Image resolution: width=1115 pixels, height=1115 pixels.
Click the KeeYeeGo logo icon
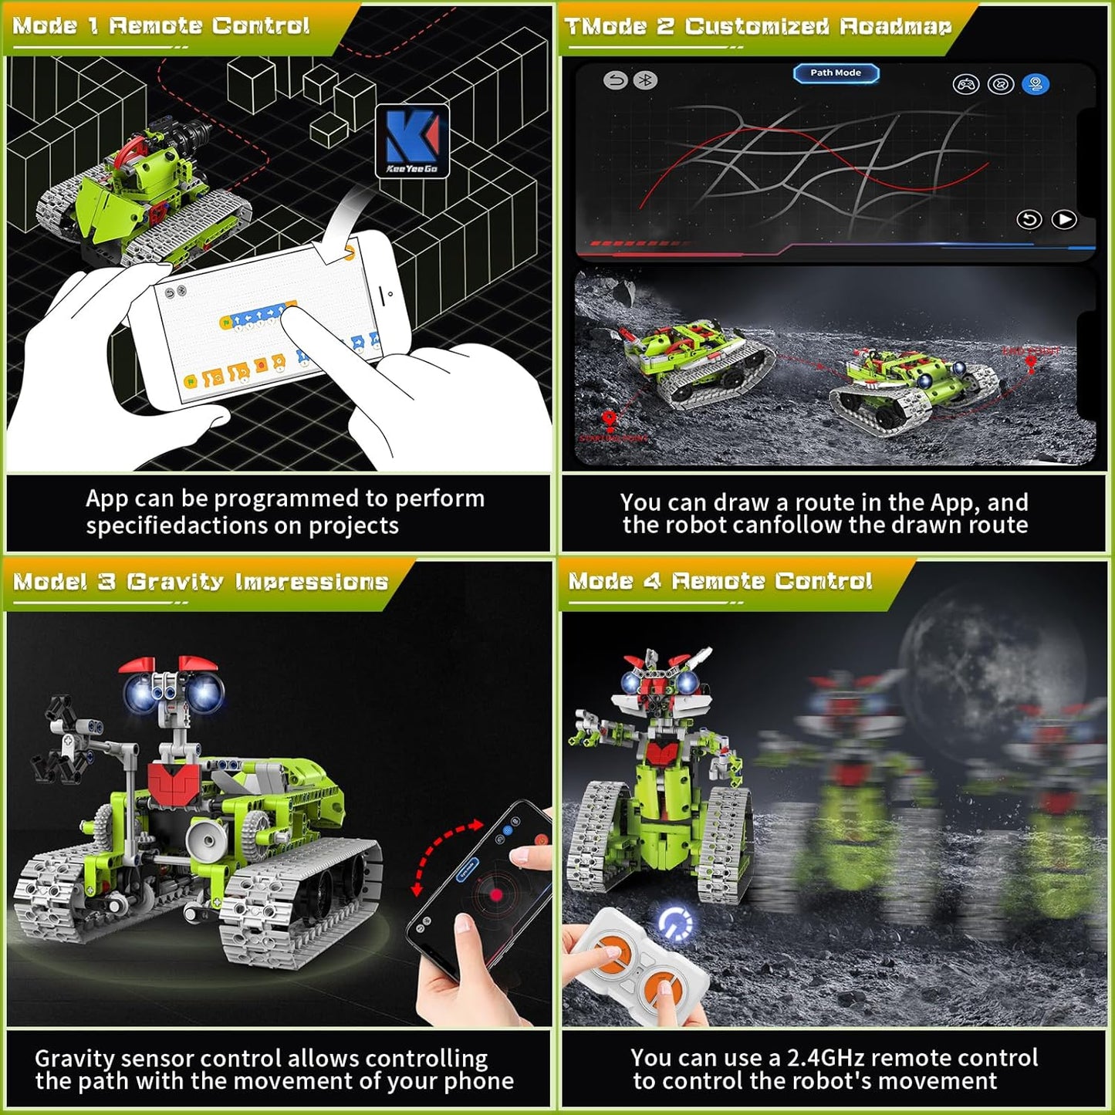[x=412, y=141]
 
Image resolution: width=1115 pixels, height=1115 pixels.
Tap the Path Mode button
[x=836, y=73]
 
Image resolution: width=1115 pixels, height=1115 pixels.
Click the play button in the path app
[x=1064, y=220]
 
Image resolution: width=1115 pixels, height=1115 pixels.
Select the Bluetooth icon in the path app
[x=645, y=80]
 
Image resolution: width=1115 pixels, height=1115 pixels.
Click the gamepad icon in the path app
[x=965, y=84]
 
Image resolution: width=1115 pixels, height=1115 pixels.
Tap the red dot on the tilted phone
[x=495, y=895]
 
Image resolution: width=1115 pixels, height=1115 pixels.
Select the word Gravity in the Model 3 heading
[x=174, y=582]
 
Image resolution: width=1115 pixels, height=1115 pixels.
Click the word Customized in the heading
[x=756, y=26]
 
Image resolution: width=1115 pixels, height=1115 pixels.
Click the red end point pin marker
[x=1030, y=362]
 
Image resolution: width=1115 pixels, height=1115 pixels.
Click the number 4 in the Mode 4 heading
[x=651, y=581]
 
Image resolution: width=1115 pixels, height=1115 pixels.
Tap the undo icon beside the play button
[x=1029, y=220]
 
